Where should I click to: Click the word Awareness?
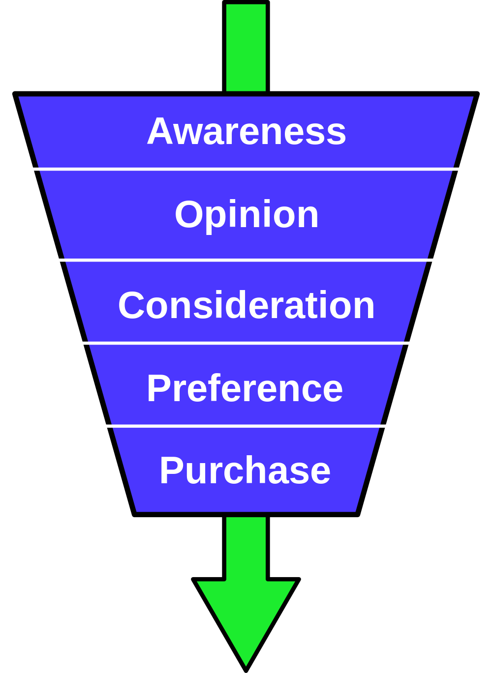click(246, 131)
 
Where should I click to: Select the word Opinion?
click(246, 215)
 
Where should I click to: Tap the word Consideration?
click(246, 305)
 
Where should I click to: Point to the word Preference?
click(245, 388)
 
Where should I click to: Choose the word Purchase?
click(245, 470)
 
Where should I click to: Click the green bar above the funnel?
click(246, 48)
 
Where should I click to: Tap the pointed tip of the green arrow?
click(246, 664)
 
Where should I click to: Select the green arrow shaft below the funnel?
click(246, 548)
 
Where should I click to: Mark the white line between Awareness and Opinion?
click(246, 169)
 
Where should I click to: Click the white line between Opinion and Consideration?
click(246, 260)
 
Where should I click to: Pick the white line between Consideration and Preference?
click(246, 343)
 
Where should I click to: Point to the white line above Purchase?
click(246, 426)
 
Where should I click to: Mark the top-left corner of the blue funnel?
click(20, 97)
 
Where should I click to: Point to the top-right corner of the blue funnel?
click(472, 97)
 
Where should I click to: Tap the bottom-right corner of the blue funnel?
click(355, 511)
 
